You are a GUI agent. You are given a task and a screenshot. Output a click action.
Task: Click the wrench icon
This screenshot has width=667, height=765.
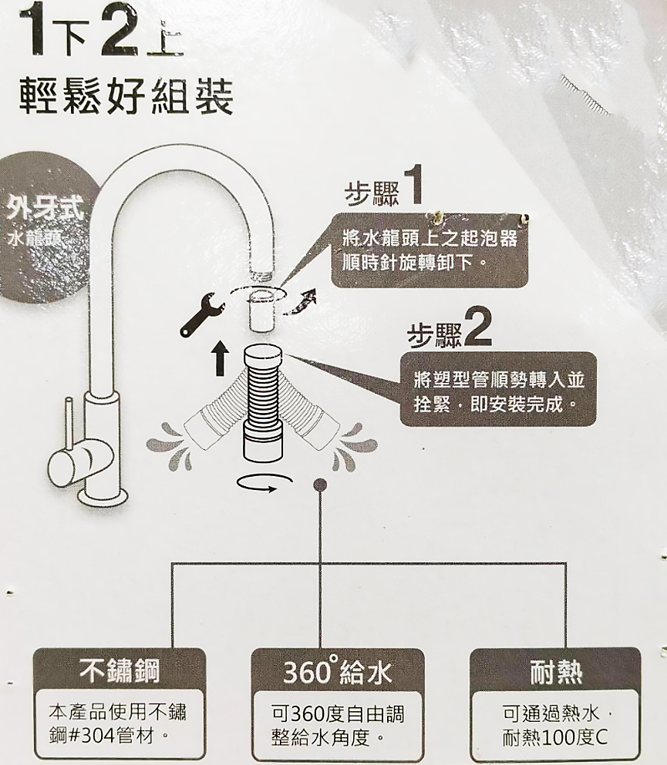point(200,314)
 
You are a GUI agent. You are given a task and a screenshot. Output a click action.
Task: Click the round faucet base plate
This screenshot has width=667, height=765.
point(105,498)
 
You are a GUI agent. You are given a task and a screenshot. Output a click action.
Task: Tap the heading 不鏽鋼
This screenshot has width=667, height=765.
point(120,672)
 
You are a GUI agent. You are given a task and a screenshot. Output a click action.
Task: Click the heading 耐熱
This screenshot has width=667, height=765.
point(556,672)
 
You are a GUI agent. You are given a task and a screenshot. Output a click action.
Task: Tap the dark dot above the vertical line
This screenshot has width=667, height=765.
point(320,484)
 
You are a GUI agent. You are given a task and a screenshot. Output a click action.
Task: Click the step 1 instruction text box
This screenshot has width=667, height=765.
point(430,250)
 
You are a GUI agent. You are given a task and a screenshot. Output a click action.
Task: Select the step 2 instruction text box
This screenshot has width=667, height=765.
point(498,389)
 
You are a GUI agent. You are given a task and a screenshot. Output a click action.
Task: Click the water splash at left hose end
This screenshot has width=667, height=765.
point(169,446)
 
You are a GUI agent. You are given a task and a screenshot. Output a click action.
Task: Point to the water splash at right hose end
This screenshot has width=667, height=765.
point(355,446)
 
